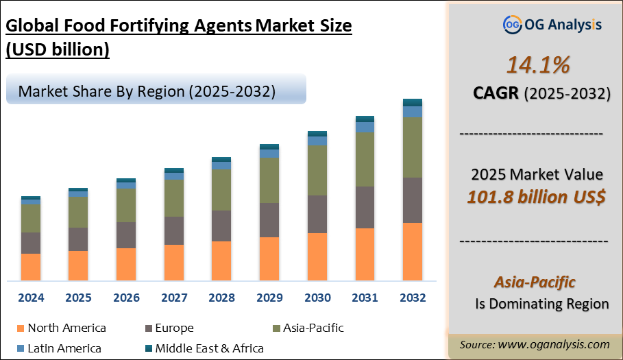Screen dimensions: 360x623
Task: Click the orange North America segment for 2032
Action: click(412, 252)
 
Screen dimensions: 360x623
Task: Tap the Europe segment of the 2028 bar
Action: click(221, 226)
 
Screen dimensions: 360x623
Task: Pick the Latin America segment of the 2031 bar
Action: click(365, 128)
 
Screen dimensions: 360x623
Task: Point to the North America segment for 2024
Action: click(31, 267)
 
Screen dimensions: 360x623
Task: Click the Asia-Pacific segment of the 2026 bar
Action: click(126, 205)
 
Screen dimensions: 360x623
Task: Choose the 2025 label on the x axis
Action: click(79, 298)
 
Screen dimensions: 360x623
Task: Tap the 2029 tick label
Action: click(269, 298)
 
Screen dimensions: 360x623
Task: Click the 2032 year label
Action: click(412, 298)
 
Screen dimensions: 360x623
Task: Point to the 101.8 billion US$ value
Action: click(536, 197)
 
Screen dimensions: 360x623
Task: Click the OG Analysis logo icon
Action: click(512, 25)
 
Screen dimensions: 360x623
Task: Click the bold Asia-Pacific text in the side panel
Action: click(535, 282)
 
